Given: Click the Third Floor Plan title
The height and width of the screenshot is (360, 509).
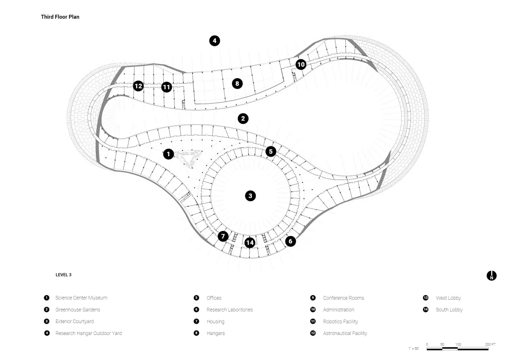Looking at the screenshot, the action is click(x=60, y=17).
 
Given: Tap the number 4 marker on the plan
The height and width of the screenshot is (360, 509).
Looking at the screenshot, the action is click(x=215, y=41).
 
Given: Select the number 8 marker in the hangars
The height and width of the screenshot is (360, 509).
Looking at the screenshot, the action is click(x=237, y=84).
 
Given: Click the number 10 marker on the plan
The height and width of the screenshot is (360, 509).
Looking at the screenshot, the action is click(x=301, y=65).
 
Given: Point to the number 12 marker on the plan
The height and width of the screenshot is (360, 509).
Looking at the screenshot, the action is click(x=138, y=86).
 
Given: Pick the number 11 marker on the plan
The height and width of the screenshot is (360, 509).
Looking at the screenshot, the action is click(x=166, y=87).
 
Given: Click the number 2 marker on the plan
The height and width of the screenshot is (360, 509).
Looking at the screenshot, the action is click(x=243, y=118).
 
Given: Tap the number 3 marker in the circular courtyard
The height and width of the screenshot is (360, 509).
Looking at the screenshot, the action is click(x=250, y=196).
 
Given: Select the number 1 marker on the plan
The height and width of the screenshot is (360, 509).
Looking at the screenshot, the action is click(x=168, y=154).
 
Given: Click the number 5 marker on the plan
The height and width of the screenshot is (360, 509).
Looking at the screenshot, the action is click(x=271, y=152).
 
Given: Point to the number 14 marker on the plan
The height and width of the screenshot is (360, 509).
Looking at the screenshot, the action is click(x=250, y=243).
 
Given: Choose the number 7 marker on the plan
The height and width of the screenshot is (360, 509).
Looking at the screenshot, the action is click(x=223, y=236).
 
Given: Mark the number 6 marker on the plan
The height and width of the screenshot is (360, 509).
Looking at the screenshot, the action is click(x=291, y=241).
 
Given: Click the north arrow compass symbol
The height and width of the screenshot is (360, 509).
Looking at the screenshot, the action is click(x=492, y=276).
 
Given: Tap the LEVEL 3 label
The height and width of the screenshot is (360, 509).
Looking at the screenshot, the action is click(x=63, y=275).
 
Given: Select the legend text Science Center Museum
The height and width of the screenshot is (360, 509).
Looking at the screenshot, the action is click(x=81, y=298).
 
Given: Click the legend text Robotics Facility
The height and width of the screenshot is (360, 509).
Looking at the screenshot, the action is click(x=340, y=321).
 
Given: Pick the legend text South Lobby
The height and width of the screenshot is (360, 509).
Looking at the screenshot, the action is click(x=449, y=309).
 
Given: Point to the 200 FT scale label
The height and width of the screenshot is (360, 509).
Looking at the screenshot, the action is click(x=490, y=344).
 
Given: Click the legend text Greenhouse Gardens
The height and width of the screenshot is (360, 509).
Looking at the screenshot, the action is click(x=78, y=309).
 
